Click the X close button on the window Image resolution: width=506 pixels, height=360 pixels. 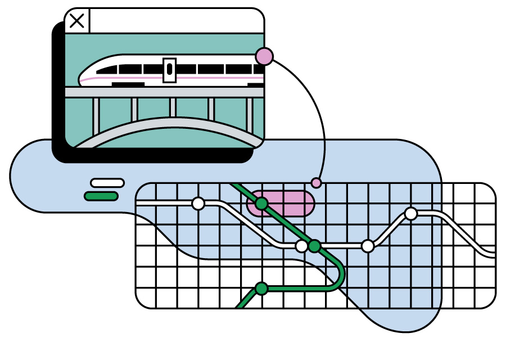[77, 21]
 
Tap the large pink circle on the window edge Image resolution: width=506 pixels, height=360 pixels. [264, 56]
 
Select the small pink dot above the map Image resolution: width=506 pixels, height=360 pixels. [317, 183]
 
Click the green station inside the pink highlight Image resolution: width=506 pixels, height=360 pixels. [261, 204]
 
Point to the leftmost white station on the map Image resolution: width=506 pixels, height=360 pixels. [198, 204]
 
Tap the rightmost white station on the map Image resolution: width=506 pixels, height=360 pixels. [411, 214]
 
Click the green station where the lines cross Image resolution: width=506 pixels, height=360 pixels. [314, 246]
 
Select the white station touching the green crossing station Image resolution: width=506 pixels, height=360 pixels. [302, 246]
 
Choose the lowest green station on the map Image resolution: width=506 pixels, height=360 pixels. [261, 289]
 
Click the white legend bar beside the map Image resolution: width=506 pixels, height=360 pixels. [107, 183]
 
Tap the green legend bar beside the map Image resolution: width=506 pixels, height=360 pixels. [101, 196]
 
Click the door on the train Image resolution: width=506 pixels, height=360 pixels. [169, 70]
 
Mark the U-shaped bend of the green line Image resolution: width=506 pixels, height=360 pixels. [339, 276]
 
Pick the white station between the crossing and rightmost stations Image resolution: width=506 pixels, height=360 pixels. [368, 246]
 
